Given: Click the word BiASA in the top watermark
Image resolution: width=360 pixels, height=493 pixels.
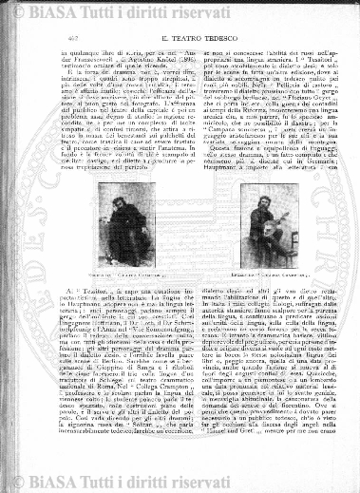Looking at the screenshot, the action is tap(75, 12).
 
